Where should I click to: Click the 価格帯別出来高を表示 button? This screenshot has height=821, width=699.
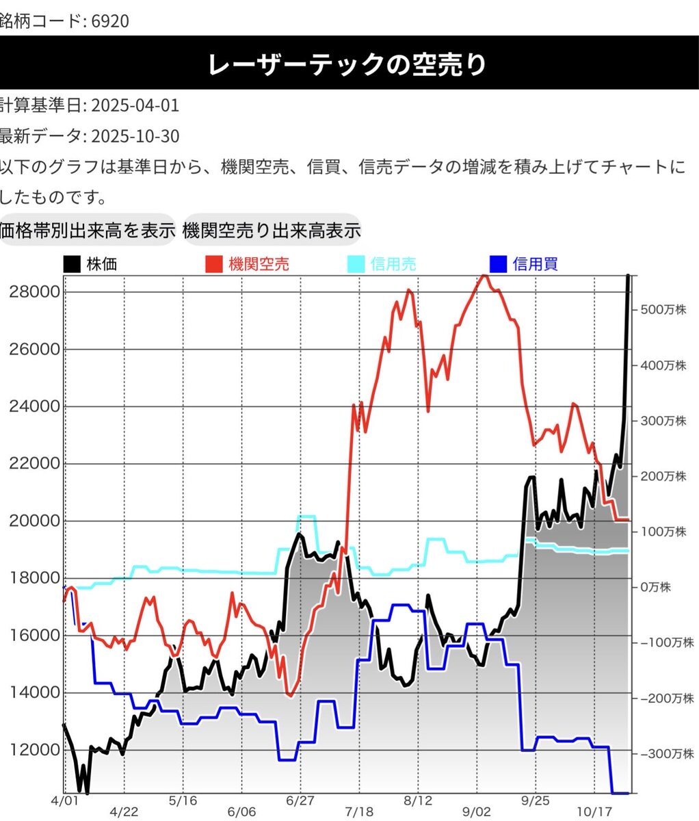(87, 231)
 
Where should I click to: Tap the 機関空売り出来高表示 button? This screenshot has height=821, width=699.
(272, 231)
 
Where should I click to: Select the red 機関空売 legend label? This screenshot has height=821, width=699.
(259, 264)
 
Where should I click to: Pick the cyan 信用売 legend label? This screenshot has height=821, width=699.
(393, 264)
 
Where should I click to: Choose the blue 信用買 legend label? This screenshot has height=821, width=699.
(535, 264)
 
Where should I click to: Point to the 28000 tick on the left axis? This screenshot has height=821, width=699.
(35, 292)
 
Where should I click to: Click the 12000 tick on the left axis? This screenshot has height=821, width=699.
(35, 749)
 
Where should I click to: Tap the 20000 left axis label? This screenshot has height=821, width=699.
(35, 521)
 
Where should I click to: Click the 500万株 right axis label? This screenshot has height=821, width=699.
(663, 310)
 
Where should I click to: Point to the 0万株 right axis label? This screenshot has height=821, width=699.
(656, 587)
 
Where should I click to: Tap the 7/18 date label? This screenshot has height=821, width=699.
(360, 811)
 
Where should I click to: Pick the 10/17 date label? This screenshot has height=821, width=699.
(594, 811)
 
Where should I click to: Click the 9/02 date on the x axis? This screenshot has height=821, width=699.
(476, 811)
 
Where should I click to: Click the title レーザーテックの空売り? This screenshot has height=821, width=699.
(349, 65)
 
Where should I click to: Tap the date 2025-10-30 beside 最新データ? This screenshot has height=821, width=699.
(135, 136)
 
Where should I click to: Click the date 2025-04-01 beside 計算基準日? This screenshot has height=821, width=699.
(135, 105)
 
